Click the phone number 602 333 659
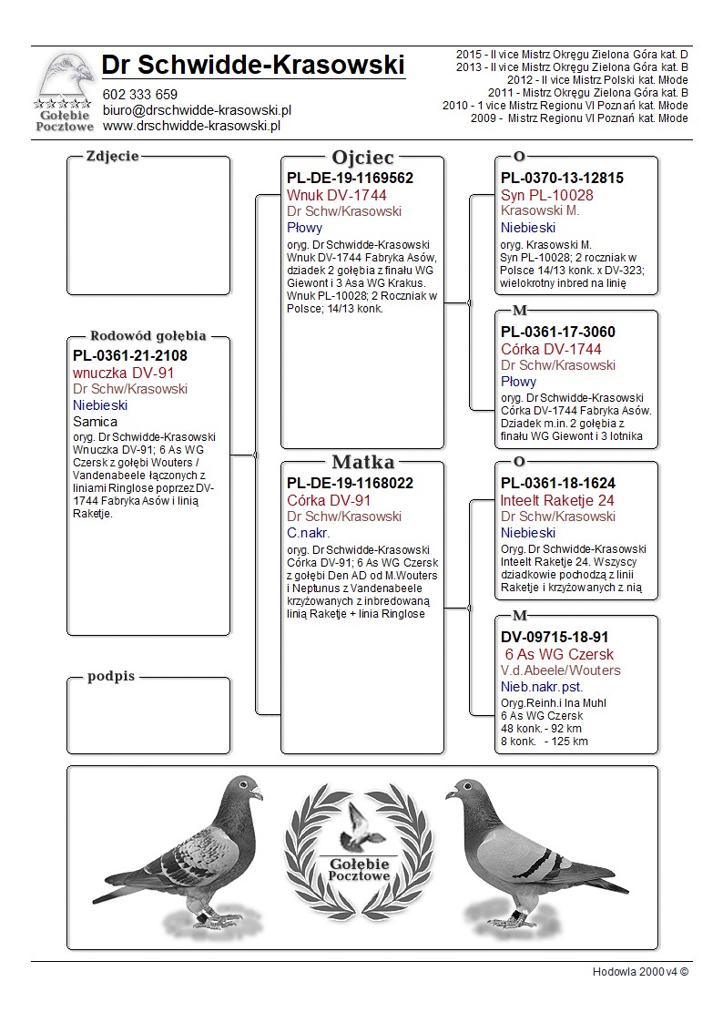coord(140,94)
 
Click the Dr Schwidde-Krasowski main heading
coord(253,65)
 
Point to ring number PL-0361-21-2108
coord(130,356)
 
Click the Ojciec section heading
coord(362,158)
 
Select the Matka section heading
coord(362,462)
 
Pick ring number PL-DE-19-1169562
coord(350,179)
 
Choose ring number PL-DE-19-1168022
coord(350,484)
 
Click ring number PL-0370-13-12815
coord(562,179)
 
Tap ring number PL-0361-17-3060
coord(557,332)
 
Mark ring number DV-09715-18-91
coord(555,638)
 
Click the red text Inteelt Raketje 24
coord(557,500)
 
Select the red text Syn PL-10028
coord(547,195)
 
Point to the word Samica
coord(95,422)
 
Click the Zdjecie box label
coord(112,156)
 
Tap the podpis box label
coord(111,676)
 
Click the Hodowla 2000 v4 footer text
coord(640,972)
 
